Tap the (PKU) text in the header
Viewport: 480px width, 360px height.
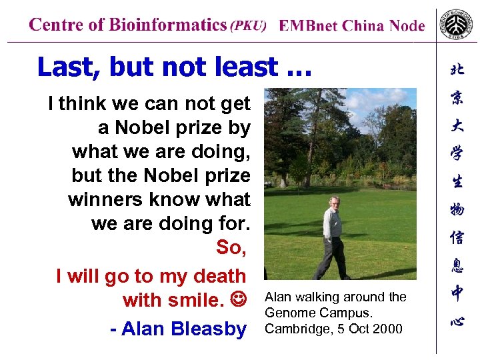(x=248, y=26)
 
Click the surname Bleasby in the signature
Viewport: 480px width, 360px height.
(x=208, y=329)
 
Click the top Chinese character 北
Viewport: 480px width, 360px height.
(x=457, y=69)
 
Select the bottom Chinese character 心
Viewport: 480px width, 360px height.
(x=457, y=321)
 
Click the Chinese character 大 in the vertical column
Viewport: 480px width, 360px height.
(x=457, y=125)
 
